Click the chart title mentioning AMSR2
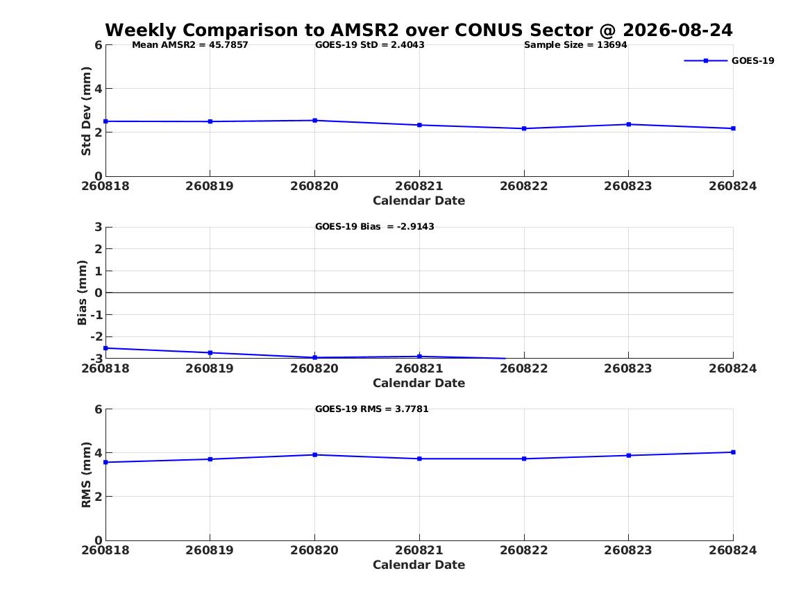[x=419, y=30]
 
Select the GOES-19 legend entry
[x=729, y=60]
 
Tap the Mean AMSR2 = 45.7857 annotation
[x=190, y=45]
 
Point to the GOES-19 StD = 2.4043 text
[x=370, y=45]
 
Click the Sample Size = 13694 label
[x=575, y=45]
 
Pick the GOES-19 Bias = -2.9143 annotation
[x=375, y=227]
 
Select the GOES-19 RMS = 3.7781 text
[x=372, y=409]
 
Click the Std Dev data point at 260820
[x=315, y=121]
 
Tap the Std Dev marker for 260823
[x=629, y=124]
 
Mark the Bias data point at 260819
[x=210, y=353]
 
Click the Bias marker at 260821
[x=419, y=357]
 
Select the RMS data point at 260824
[x=733, y=452]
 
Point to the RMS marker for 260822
[x=524, y=459]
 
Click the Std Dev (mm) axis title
[x=86, y=111]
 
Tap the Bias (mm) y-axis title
[x=82, y=293]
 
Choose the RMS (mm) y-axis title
[x=86, y=475]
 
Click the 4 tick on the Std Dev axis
[x=98, y=89]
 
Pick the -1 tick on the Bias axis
[x=96, y=315]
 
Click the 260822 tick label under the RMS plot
[x=524, y=550]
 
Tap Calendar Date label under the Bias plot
[x=419, y=383]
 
